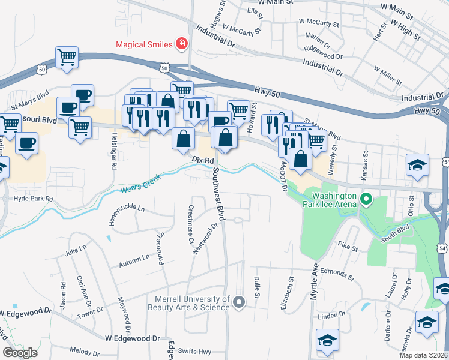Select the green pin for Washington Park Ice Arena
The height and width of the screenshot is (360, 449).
click(364, 199)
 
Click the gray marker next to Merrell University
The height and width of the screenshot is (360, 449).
click(239, 302)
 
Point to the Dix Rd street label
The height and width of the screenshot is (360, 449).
click(203, 161)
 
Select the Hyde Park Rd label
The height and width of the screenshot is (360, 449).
click(33, 198)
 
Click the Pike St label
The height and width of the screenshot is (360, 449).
click(347, 246)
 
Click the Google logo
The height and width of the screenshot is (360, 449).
click(20, 353)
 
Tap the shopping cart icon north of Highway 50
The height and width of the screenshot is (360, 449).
click(67, 58)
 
